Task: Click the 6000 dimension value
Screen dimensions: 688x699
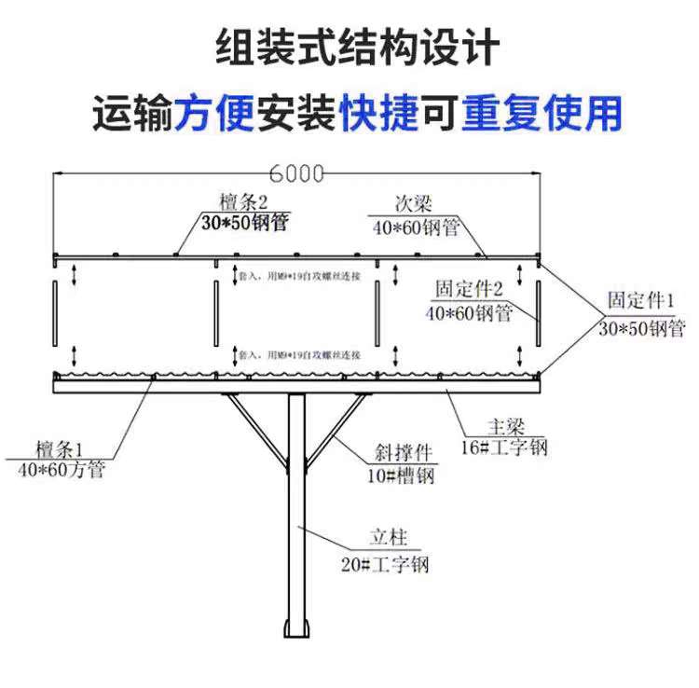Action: pyautogui.click(x=296, y=173)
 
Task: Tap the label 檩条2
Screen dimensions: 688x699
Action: pyautogui.click(x=243, y=202)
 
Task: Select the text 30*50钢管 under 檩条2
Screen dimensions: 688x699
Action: pyautogui.click(x=245, y=223)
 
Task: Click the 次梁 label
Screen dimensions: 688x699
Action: pyautogui.click(x=412, y=204)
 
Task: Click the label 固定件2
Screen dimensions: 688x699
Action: pyautogui.click(x=470, y=291)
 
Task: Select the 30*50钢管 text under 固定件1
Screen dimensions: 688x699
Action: pyautogui.click(x=641, y=327)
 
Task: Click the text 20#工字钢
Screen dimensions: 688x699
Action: pyautogui.click(x=385, y=565)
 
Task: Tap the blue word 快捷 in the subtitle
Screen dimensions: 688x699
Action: pyautogui.click(x=378, y=115)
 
